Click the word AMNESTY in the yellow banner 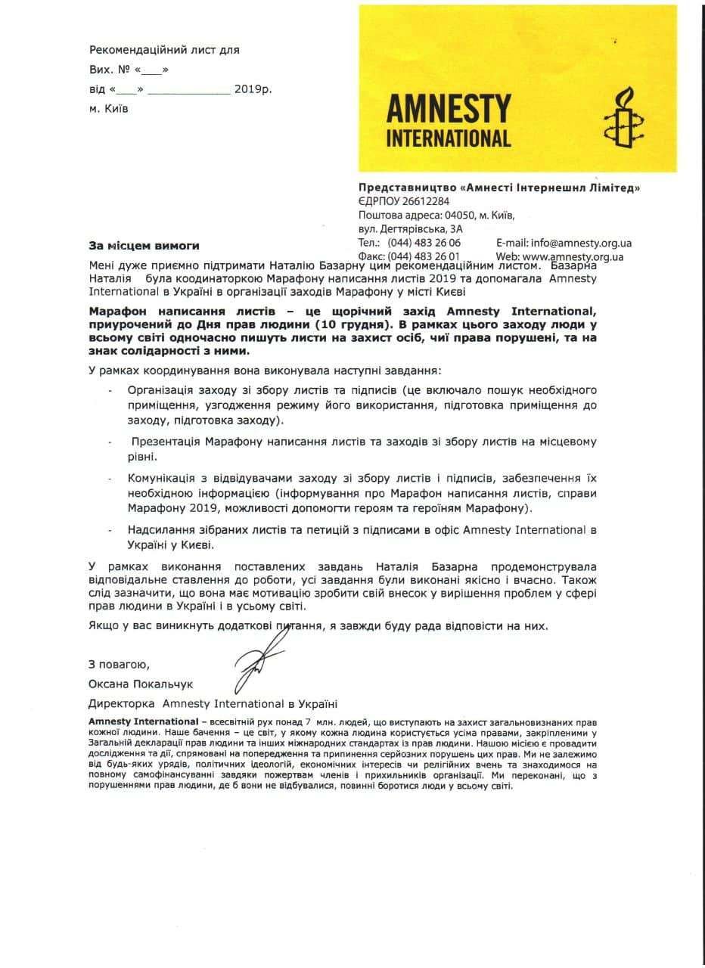point(449,108)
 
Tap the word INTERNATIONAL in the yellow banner point(449,138)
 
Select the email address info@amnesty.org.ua point(582,243)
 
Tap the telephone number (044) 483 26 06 point(424,243)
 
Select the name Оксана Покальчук point(141,684)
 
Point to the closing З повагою point(119,665)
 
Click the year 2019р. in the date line point(253,89)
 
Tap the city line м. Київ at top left point(109,108)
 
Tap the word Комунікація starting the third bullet point(164,479)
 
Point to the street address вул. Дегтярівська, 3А point(410,228)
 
